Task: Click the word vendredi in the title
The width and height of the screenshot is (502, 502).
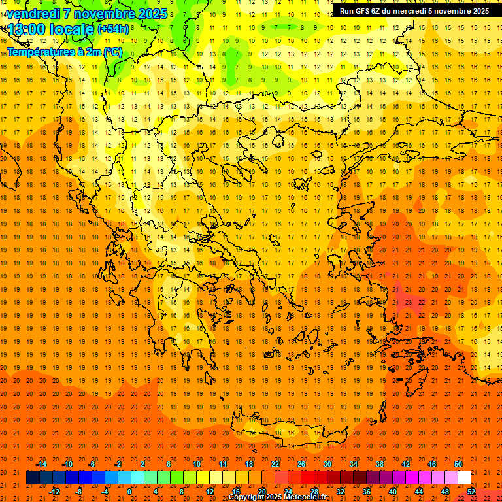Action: pyautogui.click(x=33, y=14)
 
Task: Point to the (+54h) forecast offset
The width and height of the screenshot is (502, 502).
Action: pyautogui.click(x=113, y=29)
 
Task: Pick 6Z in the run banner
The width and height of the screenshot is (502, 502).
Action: pyautogui.click(x=379, y=11)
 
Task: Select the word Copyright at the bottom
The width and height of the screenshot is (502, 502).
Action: pyautogui.click(x=247, y=497)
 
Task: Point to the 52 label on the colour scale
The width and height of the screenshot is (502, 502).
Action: pyautogui.click(x=471, y=492)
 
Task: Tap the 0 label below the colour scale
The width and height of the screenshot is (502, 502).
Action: pyautogui.click(x=129, y=492)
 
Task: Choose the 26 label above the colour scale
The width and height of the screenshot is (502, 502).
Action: pyautogui.click(x=301, y=464)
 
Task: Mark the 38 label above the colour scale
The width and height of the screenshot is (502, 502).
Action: pyautogui.click(x=380, y=464)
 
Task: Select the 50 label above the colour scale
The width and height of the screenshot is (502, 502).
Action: pyautogui.click(x=458, y=464)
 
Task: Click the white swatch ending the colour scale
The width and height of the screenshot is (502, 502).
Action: pyautogui.click(x=465, y=478)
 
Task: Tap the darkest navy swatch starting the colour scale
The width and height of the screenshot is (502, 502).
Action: pyautogui.click(x=33, y=478)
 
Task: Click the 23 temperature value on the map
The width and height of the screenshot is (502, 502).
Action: pyautogui.click(x=408, y=302)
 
